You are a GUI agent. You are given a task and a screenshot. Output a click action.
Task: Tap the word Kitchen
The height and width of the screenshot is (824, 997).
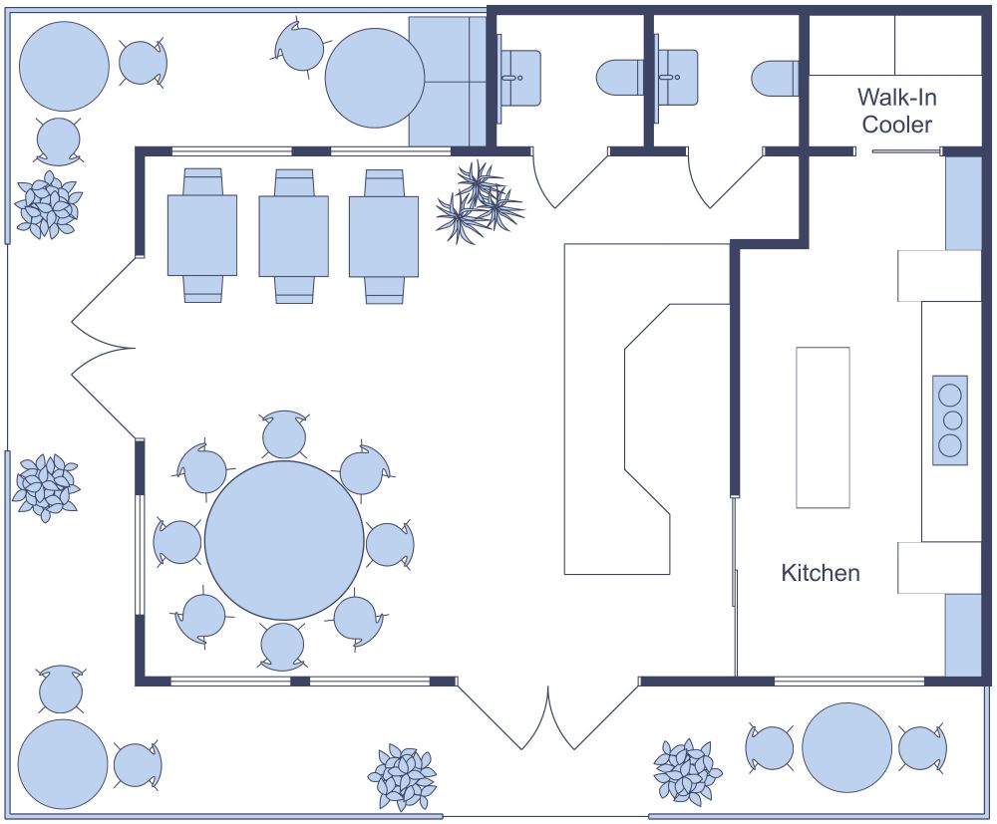[x=820, y=573]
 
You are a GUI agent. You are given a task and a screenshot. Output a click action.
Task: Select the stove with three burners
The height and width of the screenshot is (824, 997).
[x=950, y=419]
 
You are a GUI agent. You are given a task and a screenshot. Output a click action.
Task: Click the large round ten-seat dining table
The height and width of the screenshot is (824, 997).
[x=284, y=540]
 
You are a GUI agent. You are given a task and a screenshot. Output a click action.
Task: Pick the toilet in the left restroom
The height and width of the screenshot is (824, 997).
[x=620, y=78]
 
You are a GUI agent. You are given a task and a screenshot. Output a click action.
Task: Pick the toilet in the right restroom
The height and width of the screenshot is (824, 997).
[x=776, y=78]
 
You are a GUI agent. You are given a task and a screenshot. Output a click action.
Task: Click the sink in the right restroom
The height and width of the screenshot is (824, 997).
[x=677, y=78]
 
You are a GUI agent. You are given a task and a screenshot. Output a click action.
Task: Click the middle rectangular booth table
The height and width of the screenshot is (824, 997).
[x=293, y=236]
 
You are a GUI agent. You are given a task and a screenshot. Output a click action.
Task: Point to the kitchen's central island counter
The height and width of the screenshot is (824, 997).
[x=823, y=427]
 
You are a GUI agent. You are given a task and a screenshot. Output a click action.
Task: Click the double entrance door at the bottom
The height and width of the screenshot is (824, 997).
[x=548, y=717]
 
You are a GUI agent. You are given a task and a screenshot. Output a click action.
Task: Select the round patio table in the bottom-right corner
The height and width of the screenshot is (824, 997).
[x=846, y=748]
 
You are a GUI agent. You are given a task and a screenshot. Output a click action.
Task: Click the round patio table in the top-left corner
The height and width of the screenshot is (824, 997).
[x=64, y=66]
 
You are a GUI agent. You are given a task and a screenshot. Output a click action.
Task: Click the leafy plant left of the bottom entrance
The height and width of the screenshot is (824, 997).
[x=403, y=776]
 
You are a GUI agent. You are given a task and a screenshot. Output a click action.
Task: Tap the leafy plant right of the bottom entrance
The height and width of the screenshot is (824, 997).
[x=687, y=771]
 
